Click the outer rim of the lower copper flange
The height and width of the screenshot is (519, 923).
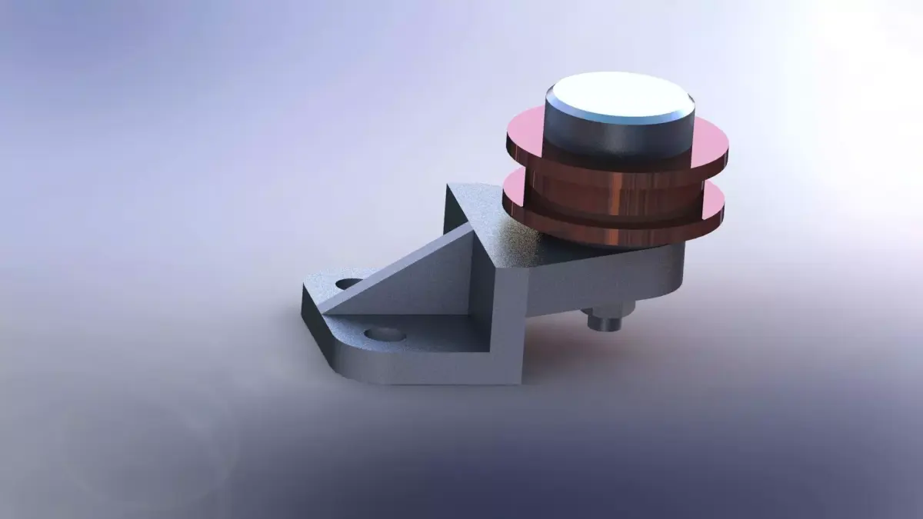[615, 235]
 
